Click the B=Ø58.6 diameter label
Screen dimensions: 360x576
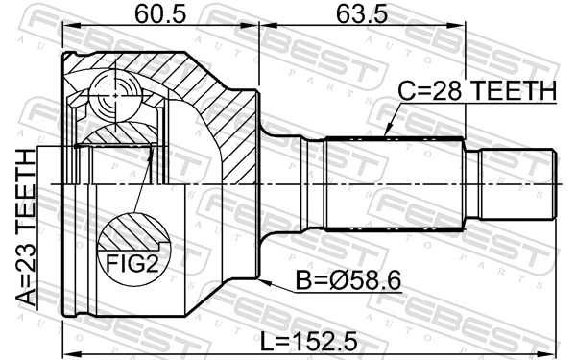click(x=348, y=283)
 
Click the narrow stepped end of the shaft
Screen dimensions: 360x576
click(x=517, y=180)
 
